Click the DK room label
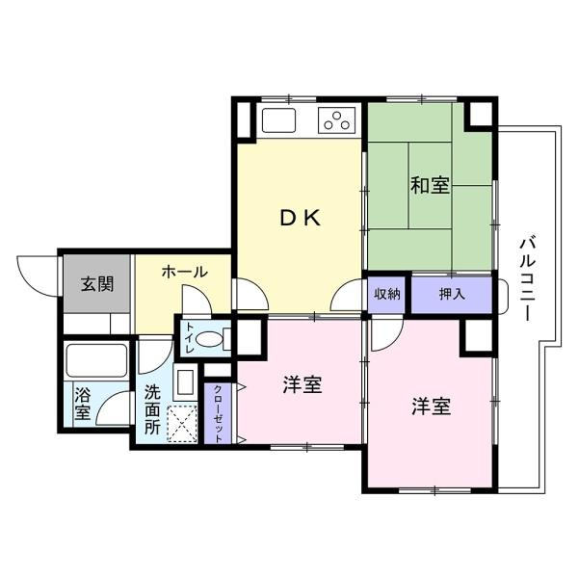(x=301, y=219)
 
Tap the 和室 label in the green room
(x=431, y=185)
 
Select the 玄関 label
(x=97, y=284)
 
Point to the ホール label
(x=184, y=272)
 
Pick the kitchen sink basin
(x=278, y=119)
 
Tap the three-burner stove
(x=336, y=120)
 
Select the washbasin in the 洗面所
(x=185, y=382)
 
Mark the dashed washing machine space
(x=182, y=424)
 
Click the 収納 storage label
(x=387, y=294)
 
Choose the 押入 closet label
(x=452, y=294)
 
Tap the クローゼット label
(x=219, y=414)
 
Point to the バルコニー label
(x=528, y=280)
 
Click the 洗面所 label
(x=152, y=410)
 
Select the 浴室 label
(x=83, y=404)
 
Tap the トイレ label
(x=190, y=338)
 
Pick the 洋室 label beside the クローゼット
(x=302, y=384)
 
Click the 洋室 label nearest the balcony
(x=432, y=407)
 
